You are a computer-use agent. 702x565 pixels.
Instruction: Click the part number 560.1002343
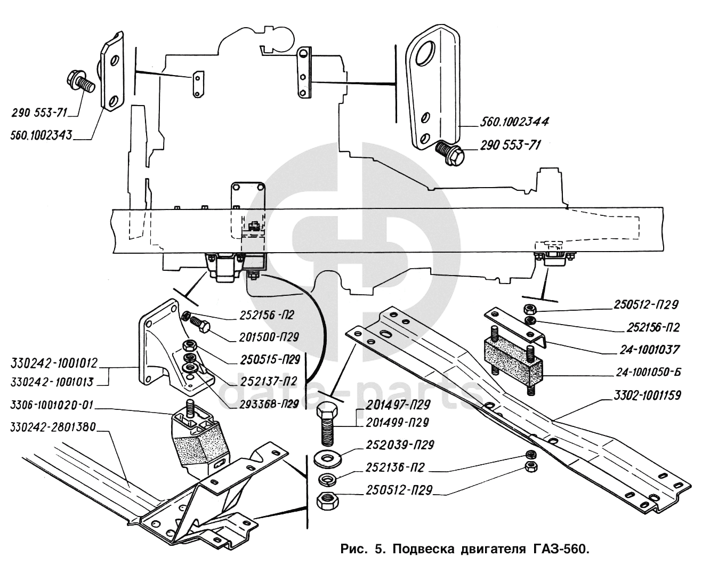[x=41, y=135]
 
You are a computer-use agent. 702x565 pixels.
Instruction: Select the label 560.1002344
[x=514, y=122]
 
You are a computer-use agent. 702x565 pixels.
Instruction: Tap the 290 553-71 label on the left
[x=39, y=113]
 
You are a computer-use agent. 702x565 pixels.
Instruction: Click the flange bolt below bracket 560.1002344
[x=450, y=152]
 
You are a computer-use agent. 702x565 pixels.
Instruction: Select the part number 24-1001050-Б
[x=649, y=372]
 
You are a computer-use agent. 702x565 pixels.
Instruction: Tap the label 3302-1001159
[x=647, y=396]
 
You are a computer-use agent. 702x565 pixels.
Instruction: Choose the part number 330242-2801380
[x=53, y=427]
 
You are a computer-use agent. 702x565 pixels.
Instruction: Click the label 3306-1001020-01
[x=52, y=405]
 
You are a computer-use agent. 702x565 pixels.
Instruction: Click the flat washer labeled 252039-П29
[x=327, y=458]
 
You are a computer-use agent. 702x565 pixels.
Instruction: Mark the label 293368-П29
[x=269, y=404]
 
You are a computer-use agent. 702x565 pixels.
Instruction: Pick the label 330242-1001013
[x=52, y=382]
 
